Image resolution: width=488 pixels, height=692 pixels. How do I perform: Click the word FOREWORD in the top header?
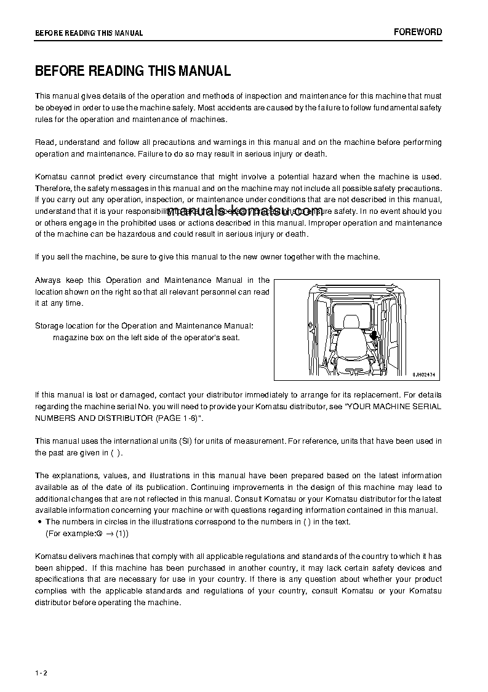pyautogui.click(x=418, y=32)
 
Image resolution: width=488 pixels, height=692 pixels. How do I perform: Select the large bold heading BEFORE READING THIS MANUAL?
pyautogui.click(x=133, y=71)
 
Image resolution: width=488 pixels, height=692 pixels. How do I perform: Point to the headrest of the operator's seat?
pyautogui.click(x=351, y=322)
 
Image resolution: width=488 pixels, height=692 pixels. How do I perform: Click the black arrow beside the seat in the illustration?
pyautogui.click(x=374, y=336)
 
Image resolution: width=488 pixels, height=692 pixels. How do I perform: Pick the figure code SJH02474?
pyautogui.click(x=427, y=373)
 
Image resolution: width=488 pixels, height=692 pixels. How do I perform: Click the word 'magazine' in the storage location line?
pyautogui.click(x=69, y=337)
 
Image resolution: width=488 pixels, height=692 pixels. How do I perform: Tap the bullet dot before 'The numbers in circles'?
pyautogui.click(x=40, y=522)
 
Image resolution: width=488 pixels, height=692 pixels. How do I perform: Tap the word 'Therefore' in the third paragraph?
pyautogui.click(x=53, y=188)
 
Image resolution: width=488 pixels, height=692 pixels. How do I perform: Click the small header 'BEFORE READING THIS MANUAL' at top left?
pyautogui.click(x=89, y=33)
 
